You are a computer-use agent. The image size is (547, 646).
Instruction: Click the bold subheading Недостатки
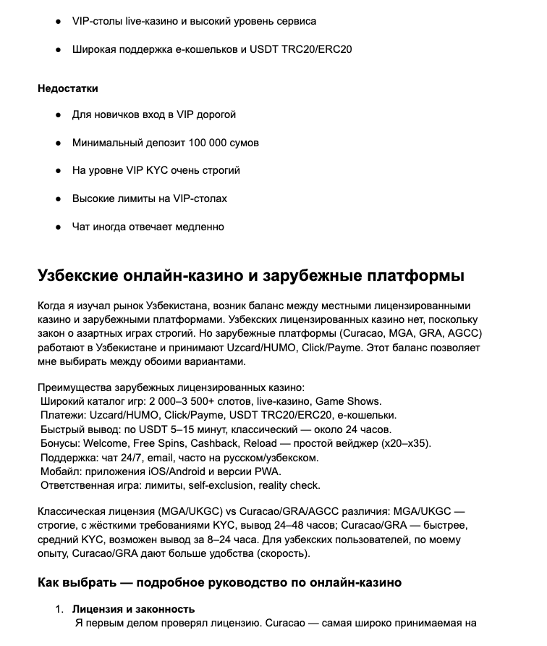tap(68, 88)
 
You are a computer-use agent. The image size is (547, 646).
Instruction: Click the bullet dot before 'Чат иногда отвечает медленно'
tap(58, 227)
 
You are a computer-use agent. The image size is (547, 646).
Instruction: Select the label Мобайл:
tap(63, 471)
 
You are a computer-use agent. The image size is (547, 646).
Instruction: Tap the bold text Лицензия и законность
tap(133, 609)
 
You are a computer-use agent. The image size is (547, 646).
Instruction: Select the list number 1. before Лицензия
tap(60, 609)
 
